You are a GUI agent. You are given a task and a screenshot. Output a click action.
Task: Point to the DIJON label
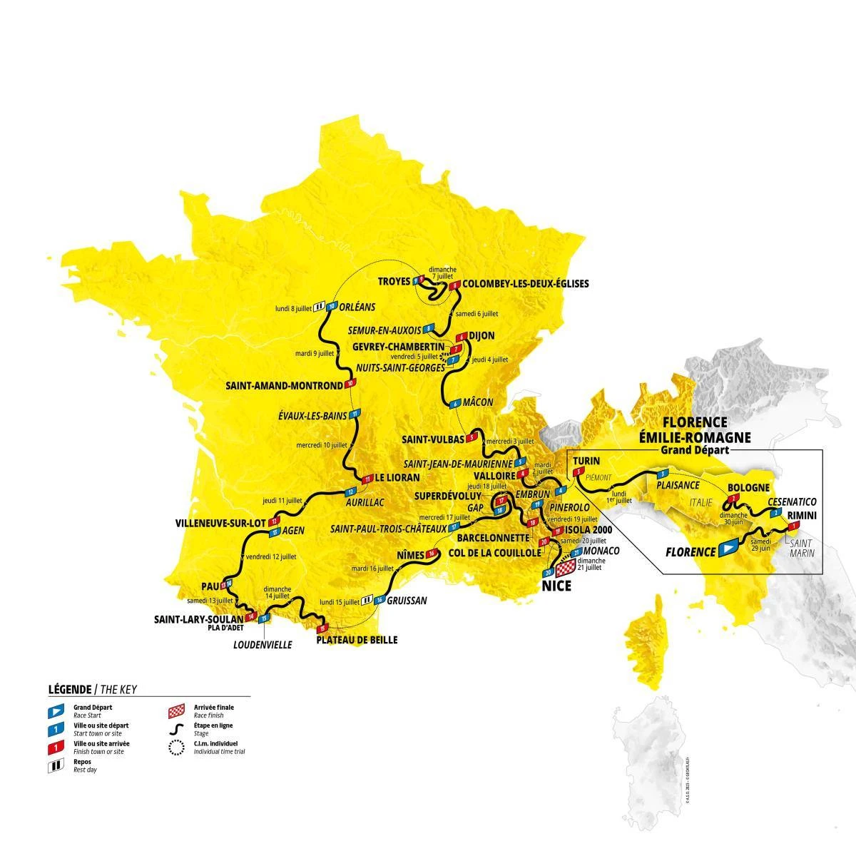(482, 335)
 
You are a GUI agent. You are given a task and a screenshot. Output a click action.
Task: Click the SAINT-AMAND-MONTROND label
(285, 385)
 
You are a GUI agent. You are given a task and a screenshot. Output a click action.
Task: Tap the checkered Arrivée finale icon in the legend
(173, 711)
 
